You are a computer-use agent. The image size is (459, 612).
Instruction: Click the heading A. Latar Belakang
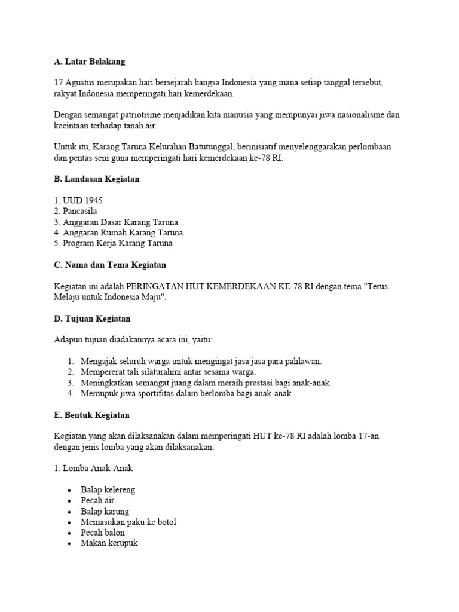click(90, 62)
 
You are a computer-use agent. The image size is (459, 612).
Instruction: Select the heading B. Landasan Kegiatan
click(96, 180)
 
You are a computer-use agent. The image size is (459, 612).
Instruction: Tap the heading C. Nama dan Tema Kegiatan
click(109, 265)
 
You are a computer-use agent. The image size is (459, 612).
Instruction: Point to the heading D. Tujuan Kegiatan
click(92, 319)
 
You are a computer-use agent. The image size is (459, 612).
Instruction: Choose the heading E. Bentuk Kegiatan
click(91, 415)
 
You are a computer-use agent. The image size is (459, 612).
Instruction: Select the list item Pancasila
click(75, 211)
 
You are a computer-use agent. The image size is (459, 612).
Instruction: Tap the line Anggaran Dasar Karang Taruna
click(116, 222)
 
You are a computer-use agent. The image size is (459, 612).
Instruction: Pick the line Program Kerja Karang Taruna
click(113, 243)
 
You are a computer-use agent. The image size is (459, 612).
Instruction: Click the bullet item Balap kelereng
click(108, 489)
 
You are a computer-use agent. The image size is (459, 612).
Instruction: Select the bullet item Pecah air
click(97, 500)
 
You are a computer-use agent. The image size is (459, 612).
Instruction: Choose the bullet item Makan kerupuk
click(109, 543)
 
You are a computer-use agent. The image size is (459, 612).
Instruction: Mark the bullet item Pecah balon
click(103, 533)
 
